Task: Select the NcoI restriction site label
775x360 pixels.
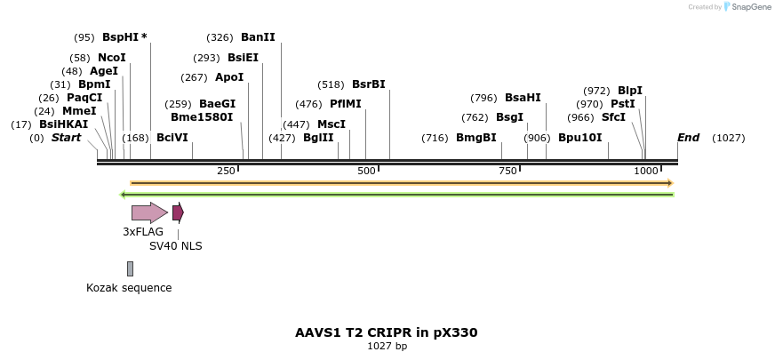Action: click(112, 58)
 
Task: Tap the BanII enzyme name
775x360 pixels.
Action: click(258, 37)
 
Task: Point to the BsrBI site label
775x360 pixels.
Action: click(368, 84)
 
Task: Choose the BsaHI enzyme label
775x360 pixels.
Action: click(523, 98)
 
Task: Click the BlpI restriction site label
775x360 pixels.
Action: click(630, 91)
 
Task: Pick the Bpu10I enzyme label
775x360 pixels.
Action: click(579, 138)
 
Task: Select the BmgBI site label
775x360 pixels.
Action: click(475, 138)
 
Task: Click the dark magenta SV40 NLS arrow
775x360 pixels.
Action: click(178, 212)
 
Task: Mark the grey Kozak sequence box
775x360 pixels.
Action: click(130, 268)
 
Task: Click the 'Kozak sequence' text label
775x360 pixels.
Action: click(129, 288)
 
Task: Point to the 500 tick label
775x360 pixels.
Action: click(366, 170)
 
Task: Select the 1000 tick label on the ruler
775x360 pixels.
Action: click(646, 170)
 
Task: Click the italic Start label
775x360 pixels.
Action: click(66, 138)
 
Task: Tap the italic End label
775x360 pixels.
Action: click(688, 138)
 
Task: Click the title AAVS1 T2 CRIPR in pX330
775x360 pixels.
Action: click(387, 332)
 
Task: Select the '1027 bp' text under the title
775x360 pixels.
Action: click(387, 347)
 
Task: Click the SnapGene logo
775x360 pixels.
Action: click(747, 7)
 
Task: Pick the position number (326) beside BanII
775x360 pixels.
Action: click(220, 37)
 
